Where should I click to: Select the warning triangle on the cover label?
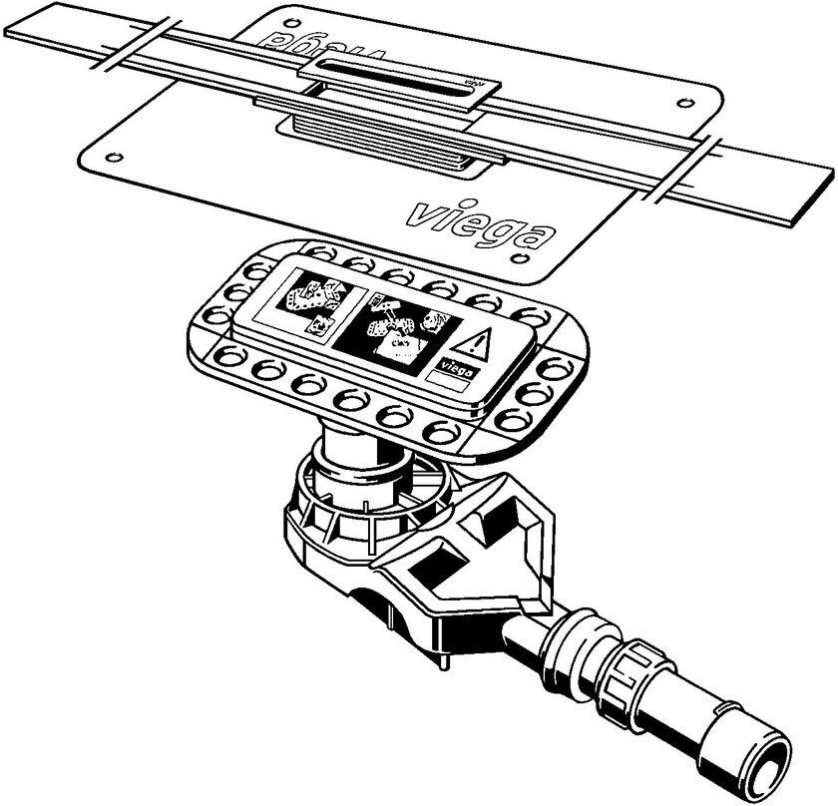coord(480,344)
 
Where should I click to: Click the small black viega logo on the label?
coord(455,365)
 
